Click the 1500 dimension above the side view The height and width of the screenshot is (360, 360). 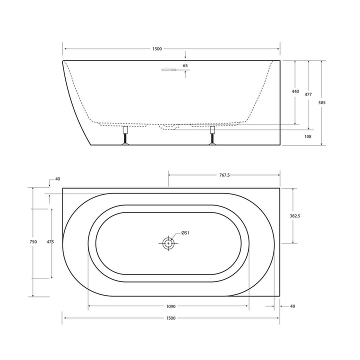156,48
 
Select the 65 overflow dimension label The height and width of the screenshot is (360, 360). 185,65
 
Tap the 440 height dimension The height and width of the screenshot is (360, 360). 295,91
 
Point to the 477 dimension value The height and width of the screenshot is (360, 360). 308,94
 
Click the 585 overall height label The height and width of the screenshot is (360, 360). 322,102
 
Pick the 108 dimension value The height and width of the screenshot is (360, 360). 308,136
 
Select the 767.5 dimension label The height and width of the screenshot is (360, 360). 224,175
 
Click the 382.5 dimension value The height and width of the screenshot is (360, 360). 295,216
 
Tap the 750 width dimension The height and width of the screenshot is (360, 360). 33,242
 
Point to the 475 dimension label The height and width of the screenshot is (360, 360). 50,242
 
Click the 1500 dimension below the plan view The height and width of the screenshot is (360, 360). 170,318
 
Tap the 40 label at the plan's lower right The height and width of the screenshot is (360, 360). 292,305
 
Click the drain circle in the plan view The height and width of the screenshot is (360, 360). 168,243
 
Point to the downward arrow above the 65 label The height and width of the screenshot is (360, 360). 185,55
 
